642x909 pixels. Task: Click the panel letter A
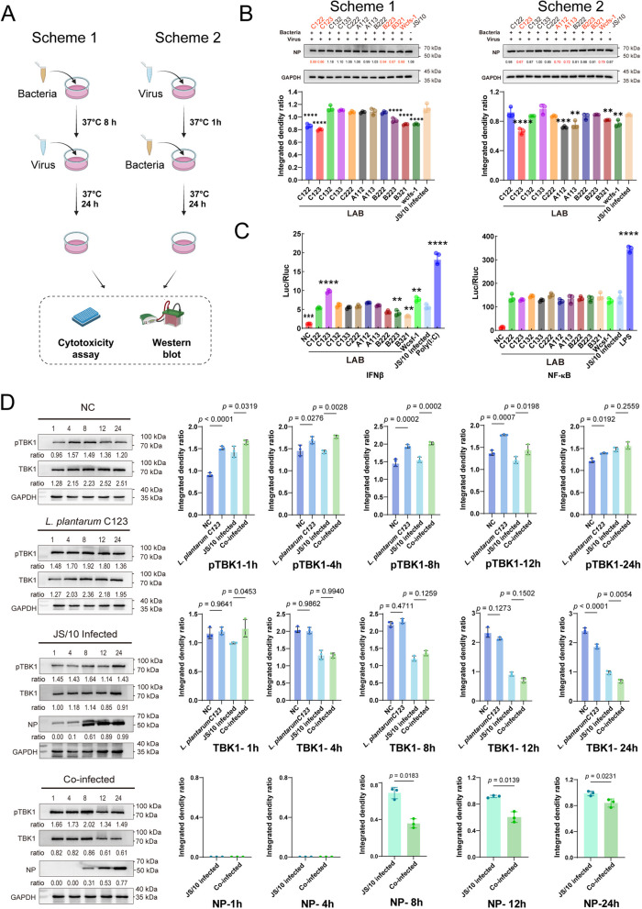(13, 11)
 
